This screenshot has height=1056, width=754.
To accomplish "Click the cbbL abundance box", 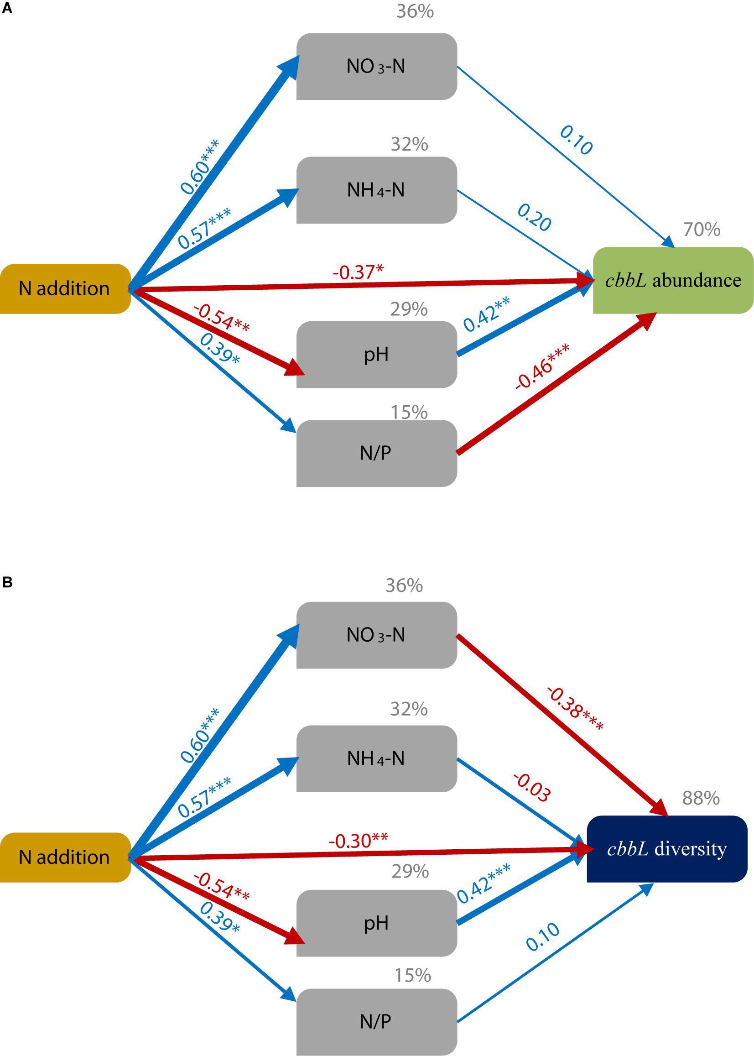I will [673, 281].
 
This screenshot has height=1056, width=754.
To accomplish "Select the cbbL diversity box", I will [667, 849].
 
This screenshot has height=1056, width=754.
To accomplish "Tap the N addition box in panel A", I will [64, 289].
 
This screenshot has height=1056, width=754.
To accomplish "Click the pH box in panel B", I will [376, 923].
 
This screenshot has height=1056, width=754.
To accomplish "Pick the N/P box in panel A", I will [376, 453].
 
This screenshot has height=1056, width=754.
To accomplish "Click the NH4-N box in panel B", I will [376, 758].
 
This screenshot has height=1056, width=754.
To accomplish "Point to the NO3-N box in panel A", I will [376, 67].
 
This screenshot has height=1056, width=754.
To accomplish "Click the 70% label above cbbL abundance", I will [702, 230].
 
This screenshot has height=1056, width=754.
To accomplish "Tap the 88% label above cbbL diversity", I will [701, 798].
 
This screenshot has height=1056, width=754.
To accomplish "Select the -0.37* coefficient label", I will [358, 272].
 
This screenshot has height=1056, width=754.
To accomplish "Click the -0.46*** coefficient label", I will [542, 367].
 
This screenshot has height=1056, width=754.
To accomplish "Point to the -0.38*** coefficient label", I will [575, 709].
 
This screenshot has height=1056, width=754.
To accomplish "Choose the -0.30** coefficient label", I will [358, 841].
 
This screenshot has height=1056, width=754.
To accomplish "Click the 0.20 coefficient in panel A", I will [535, 217].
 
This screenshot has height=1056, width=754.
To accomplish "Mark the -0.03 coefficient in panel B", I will [532, 787].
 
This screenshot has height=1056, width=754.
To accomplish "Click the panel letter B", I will [7, 582].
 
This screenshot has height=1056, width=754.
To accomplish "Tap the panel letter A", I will [7, 8].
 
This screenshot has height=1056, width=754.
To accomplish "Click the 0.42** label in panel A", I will [486, 314].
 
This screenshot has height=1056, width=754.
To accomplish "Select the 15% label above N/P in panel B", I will [412, 975].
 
